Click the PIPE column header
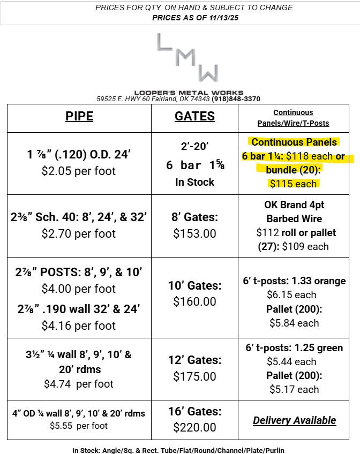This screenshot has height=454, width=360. tap(79, 116)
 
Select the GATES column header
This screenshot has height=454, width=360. tap(194, 116)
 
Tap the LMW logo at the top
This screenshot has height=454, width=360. tap(187, 59)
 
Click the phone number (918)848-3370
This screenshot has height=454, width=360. tap(236, 99)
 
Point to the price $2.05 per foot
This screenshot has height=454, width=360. tap(79, 171)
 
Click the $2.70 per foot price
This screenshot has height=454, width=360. tap(79, 233)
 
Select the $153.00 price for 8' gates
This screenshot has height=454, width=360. tap(194, 234)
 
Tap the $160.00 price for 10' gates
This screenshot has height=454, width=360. tap(194, 301)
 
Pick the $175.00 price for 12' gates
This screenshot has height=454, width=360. tap(194, 376)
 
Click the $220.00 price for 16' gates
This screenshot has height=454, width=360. tap(194, 427)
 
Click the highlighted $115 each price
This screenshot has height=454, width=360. tap(294, 184)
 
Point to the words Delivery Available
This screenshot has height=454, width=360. tap(294, 420)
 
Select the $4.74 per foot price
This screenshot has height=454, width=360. tap(79, 383)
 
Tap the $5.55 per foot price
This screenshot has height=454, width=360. tap(79, 426)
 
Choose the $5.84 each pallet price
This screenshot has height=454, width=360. tap(294, 323)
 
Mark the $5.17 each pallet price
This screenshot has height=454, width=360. tap(294, 389)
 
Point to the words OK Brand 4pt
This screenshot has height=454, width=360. tap(294, 205)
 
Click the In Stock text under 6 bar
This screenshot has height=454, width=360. tap(194, 182)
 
